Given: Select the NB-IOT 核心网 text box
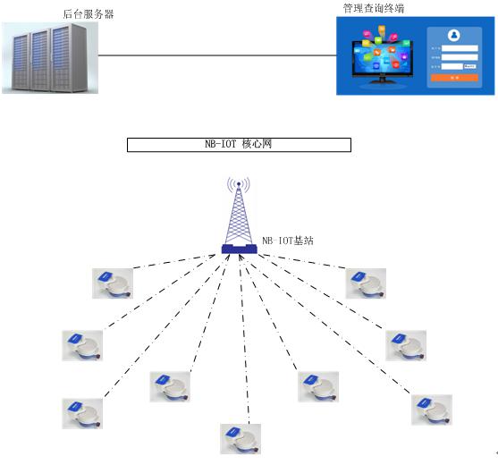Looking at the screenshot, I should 239,145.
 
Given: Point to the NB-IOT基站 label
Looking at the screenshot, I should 288,241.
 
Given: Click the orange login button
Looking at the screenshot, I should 454,78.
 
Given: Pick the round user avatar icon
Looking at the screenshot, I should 454,36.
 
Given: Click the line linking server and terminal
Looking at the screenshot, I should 215,55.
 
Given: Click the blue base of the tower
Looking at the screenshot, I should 239,249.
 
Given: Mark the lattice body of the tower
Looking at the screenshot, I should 239,219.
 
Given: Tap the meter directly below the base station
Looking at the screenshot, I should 240,438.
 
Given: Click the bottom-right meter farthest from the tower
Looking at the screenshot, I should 431,409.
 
